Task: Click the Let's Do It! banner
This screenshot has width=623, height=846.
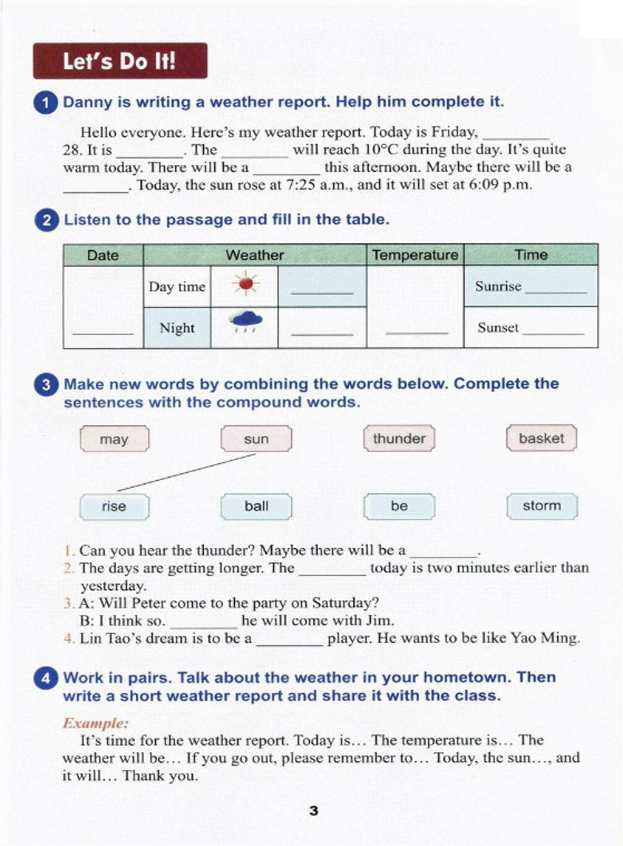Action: [120, 61]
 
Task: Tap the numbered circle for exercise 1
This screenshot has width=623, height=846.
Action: [45, 102]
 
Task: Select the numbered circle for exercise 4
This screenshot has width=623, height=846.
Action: [46, 678]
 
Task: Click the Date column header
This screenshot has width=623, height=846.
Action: [103, 255]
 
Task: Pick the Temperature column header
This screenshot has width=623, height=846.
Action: [415, 255]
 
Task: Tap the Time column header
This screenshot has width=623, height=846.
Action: [531, 255]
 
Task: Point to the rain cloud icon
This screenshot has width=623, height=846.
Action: [246, 321]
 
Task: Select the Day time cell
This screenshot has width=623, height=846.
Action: [176, 287]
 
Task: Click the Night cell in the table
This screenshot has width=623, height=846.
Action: [176, 328]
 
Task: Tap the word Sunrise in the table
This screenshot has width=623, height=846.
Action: [498, 286]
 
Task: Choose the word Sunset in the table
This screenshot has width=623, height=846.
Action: [498, 327]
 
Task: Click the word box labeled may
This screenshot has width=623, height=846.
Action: [114, 439]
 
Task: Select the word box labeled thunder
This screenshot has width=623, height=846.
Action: [399, 438]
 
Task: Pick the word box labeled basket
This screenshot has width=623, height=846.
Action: [541, 438]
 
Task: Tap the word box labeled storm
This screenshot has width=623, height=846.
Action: [541, 506]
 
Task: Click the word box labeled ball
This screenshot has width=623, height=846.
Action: [256, 506]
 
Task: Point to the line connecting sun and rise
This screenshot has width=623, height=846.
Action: [186, 472]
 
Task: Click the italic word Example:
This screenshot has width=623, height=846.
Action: [96, 723]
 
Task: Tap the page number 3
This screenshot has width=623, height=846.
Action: [313, 811]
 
